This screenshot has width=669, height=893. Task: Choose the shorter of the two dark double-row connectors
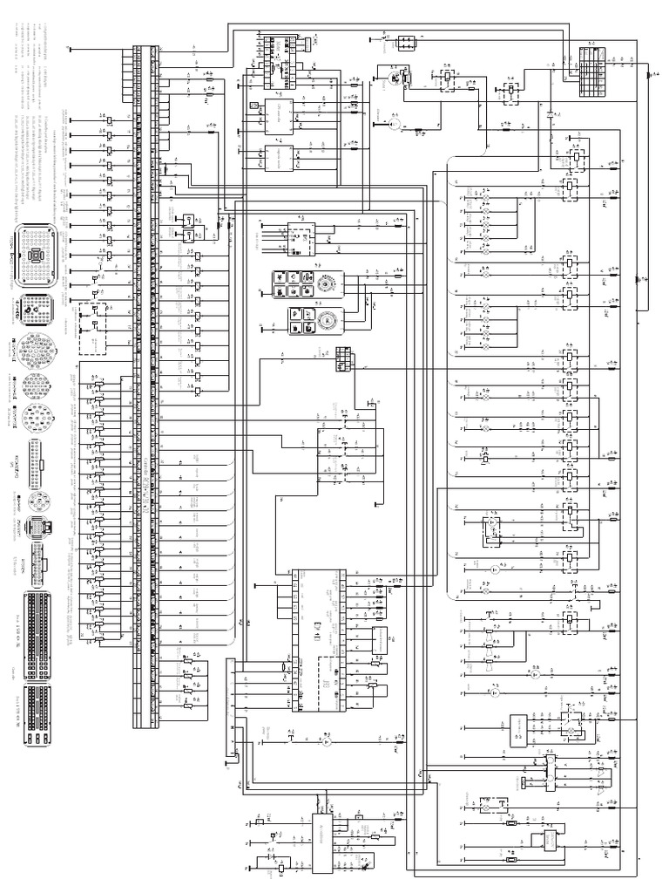click(37, 714)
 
